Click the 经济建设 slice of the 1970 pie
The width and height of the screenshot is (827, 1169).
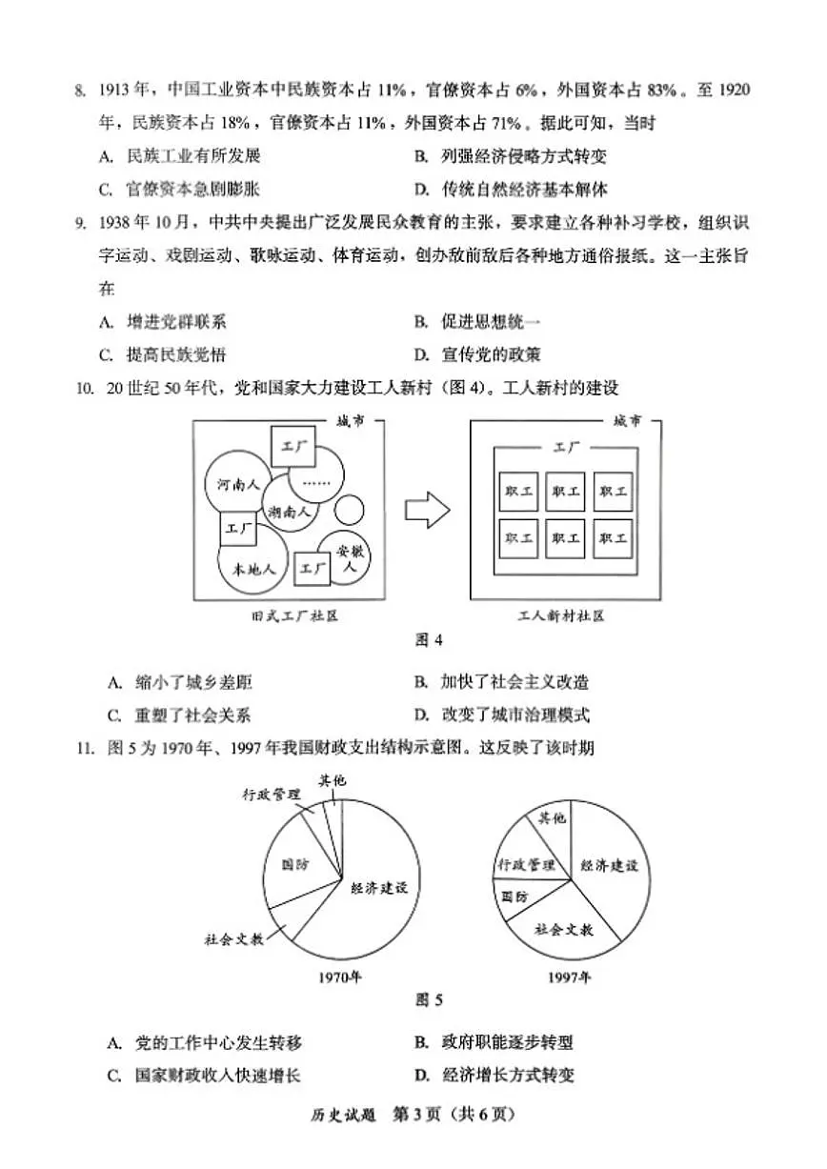376,886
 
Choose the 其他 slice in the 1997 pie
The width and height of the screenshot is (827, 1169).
552,820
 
